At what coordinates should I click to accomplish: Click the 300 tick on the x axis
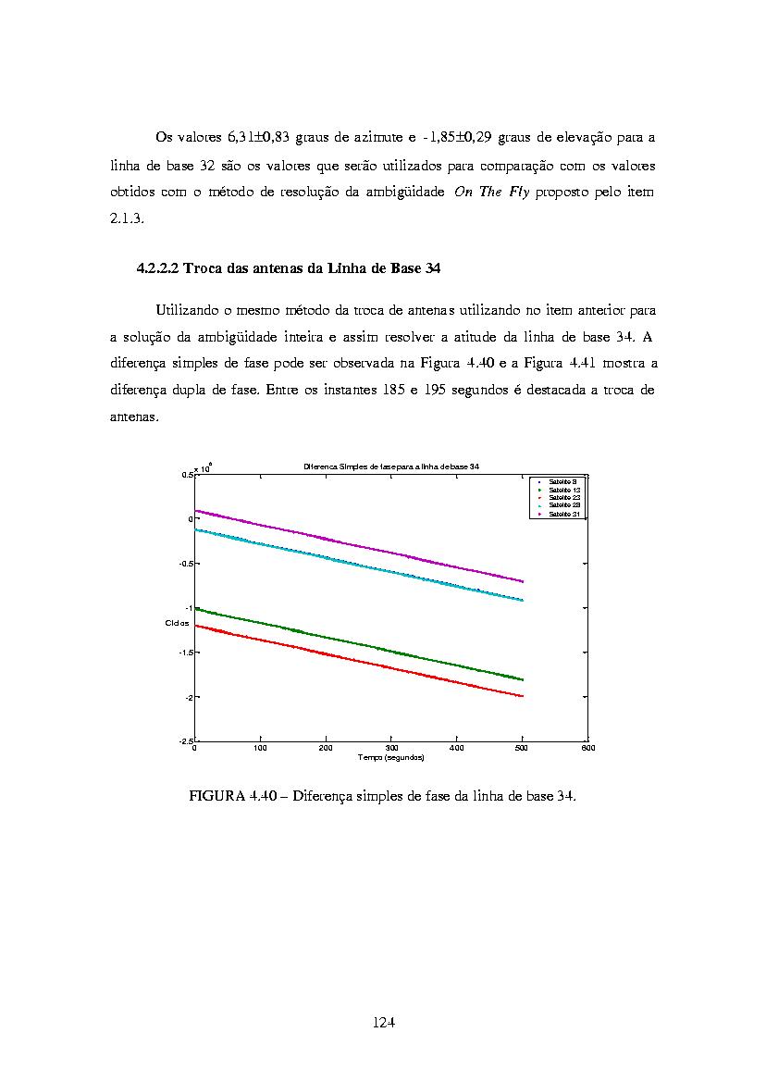(x=391, y=748)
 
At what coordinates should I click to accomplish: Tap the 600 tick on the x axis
(x=587, y=748)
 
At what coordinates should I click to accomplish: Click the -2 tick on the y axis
(x=187, y=697)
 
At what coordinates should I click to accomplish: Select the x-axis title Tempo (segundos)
(x=390, y=757)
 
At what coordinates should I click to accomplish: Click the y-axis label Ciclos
(x=177, y=623)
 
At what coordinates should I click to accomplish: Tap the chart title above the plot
(x=390, y=466)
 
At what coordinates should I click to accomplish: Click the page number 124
(x=384, y=1022)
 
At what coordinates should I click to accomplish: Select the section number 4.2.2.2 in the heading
(x=158, y=268)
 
